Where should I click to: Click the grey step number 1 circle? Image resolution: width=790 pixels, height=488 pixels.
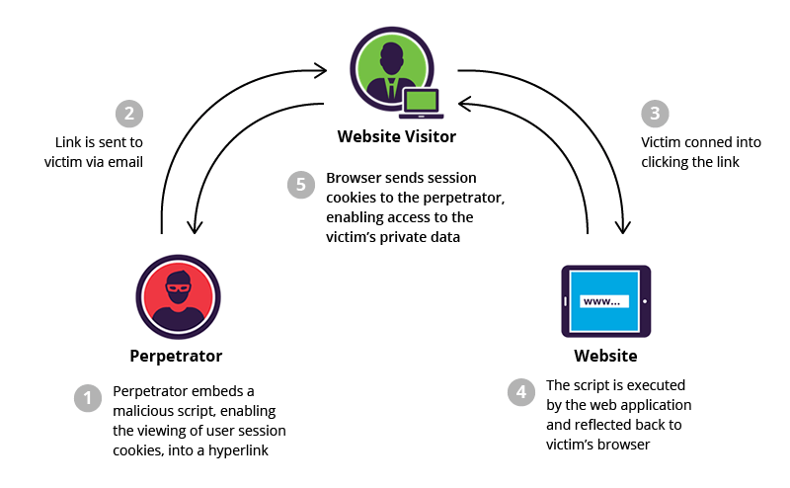click(89, 399)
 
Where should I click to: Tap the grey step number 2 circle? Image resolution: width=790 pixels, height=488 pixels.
click(129, 114)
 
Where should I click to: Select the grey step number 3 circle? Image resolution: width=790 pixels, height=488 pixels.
click(653, 114)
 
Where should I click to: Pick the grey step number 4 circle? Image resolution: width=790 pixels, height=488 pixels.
click(521, 391)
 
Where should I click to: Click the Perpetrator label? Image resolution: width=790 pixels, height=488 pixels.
click(176, 356)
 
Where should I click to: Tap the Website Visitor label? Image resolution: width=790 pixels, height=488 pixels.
click(397, 135)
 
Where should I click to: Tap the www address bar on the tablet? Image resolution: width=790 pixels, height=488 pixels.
click(604, 301)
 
